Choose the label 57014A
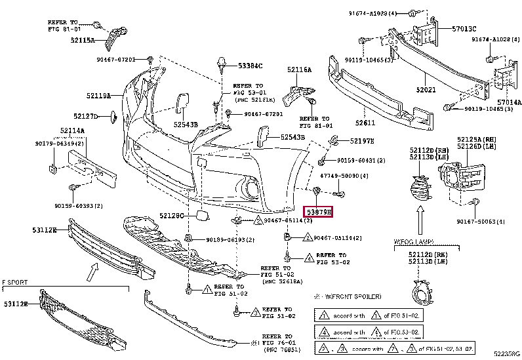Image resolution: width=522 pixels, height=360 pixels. (x=509, y=103)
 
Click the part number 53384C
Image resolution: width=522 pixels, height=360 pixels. (x=250, y=66)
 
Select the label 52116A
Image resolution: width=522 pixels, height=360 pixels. (x=299, y=70)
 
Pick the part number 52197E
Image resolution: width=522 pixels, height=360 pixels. (x=361, y=141)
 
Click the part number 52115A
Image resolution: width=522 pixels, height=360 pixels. (x=82, y=40)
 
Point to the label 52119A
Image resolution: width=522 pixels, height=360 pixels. (x=94, y=96)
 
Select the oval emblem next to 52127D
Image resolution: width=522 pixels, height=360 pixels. (x=112, y=117)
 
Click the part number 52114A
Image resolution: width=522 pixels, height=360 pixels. (x=72, y=131)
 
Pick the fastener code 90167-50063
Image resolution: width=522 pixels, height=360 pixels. (x=481, y=222)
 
